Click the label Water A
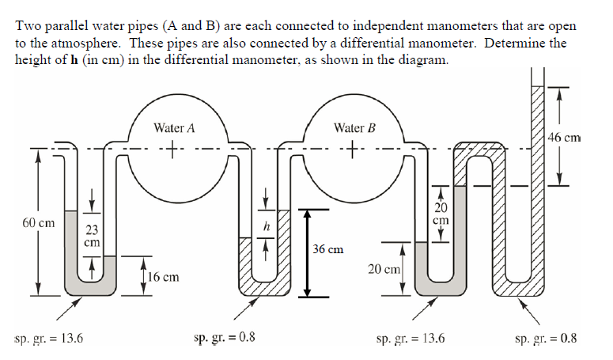[169, 127]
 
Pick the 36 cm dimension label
[328, 249]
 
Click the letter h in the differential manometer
[267, 227]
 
